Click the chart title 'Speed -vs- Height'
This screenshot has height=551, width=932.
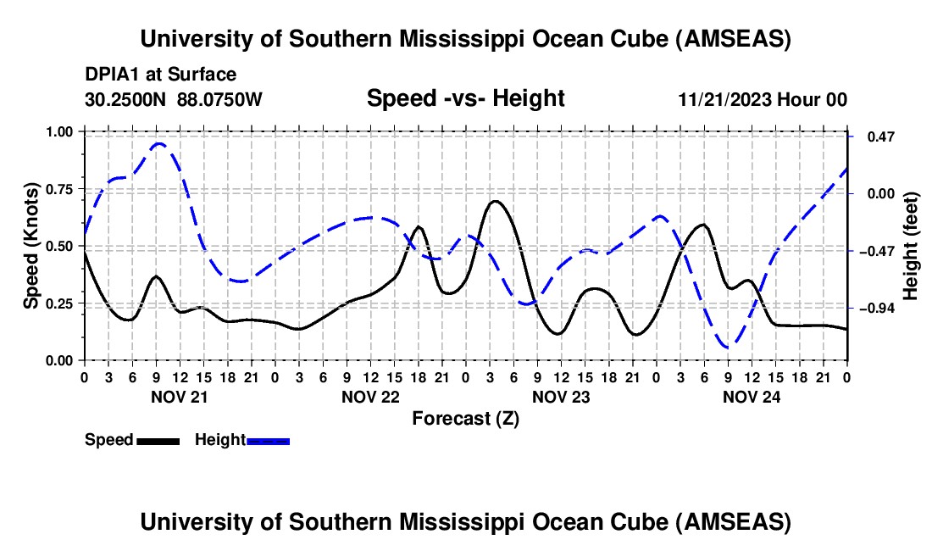pos(465,99)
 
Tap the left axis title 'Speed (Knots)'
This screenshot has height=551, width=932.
pos(31,246)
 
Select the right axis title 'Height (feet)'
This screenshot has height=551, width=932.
pos(911,246)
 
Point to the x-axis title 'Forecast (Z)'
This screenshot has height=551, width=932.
pos(465,418)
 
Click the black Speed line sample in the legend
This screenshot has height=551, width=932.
pos(158,440)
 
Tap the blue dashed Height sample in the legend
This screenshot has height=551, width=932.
pos(269,440)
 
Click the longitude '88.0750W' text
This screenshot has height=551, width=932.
pos(220,99)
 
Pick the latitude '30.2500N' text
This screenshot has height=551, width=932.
pos(127,99)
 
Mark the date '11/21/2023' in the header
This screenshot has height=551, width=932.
pos(725,99)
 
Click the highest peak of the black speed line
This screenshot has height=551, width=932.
pos(496,201)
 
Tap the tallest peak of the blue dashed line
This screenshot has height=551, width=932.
pos(158,143)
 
